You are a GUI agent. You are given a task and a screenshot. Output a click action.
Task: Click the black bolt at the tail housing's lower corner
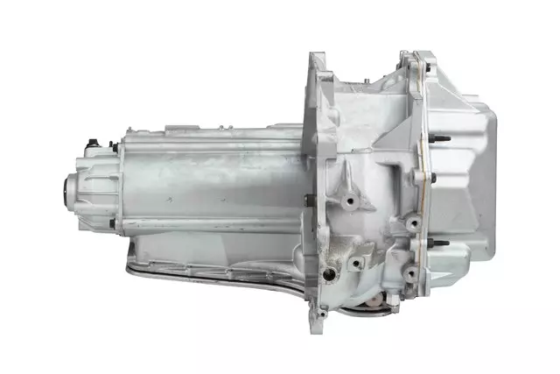click(x=112, y=223)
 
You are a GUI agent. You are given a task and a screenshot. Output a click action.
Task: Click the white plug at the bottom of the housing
click(x=374, y=304)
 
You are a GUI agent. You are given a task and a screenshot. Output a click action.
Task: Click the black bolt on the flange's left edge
click(x=307, y=200)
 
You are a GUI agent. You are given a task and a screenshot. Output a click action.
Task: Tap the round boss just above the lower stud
click(x=411, y=224)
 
